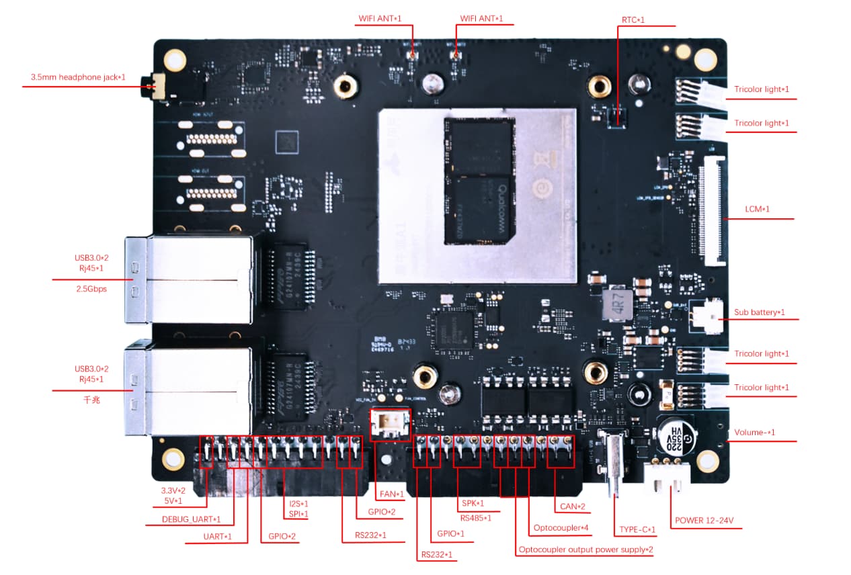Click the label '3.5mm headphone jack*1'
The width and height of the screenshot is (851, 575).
tap(78, 77)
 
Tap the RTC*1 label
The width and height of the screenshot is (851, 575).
tap(633, 19)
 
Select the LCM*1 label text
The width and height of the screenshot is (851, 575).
tap(757, 210)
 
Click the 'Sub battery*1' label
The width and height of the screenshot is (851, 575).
tap(760, 312)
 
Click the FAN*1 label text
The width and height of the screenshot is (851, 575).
tap(392, 494)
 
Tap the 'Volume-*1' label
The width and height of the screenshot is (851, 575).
tap(754, 433)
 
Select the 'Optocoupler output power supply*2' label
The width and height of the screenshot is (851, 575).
tap(585, 549)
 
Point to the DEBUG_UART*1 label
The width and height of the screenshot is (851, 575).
tap(192, 519)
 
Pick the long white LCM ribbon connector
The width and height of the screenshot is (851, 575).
tap(713, 210)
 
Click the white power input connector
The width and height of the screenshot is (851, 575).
tap(667, 475)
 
